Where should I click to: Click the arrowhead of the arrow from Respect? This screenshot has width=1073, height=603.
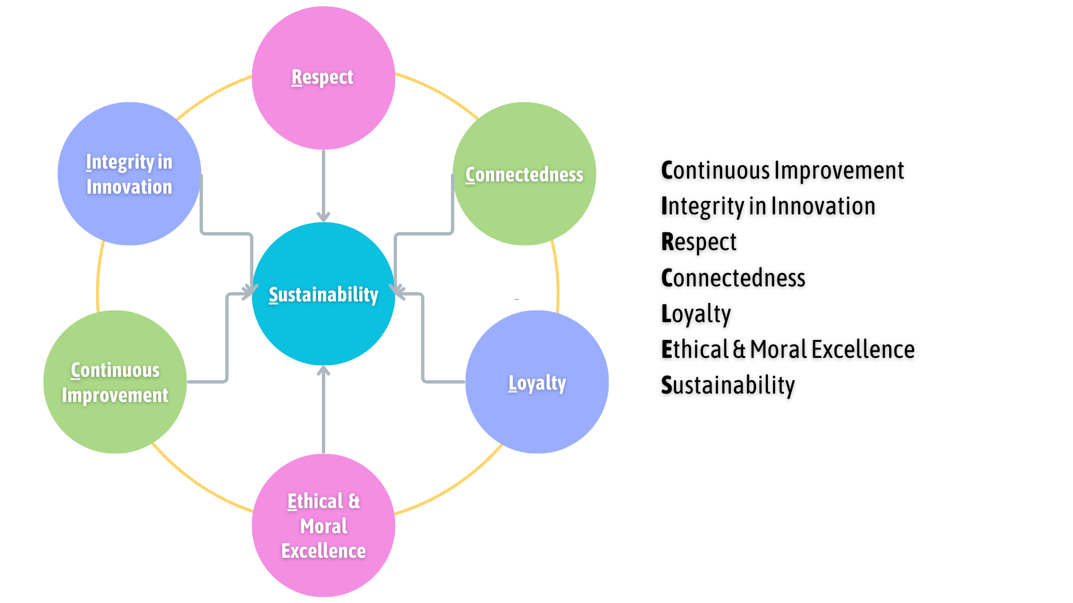pyautogui.click(x=324, y=217)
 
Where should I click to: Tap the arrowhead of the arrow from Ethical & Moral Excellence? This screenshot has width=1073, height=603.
pyautogui.click(x=324, y=371)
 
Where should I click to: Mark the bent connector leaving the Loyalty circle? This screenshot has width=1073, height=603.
pyautogui.click(x=423, y=346)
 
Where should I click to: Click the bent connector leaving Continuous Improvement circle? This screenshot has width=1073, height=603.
pyautogui.click(x=227, y=346)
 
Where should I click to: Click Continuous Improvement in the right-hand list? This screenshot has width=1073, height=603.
pyautogui.click(x=782, y=170)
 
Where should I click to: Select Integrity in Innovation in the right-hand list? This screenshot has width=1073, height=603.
pyautogui.click(x=768, y=206)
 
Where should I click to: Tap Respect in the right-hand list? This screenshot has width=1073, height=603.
pyautogui.click(x=699, y=242)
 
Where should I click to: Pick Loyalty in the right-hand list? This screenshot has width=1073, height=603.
pyautogui.click(x=696, y=314)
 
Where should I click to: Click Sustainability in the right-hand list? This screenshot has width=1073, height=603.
pyautogui.click(x=728, y=385)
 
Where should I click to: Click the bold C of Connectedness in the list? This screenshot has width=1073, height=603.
pyautogui.click(x=668, y=278)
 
